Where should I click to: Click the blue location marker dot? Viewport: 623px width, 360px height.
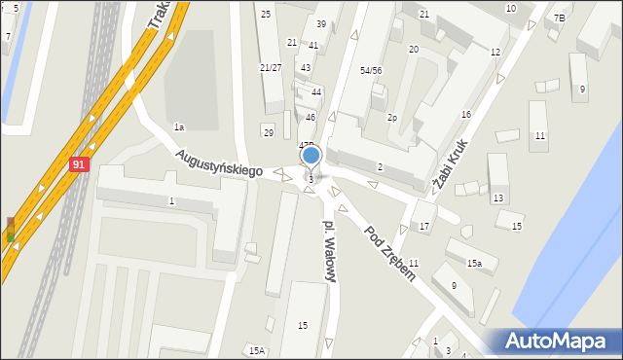(x=311, y=155)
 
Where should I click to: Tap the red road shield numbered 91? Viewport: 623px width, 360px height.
(x=80, y=165)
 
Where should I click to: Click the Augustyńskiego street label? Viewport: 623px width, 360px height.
(x=220, y=162)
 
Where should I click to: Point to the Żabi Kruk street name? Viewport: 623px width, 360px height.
(x=453, y=164)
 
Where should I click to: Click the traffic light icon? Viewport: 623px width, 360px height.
(x=11, y=230)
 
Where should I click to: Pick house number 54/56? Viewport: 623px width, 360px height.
(x=371, y=71)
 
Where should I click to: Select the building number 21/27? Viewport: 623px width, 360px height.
(x=271, y=67)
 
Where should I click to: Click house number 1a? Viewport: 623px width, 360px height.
(x=179, y=127)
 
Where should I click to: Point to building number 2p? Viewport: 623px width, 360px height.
(x=392, y=118)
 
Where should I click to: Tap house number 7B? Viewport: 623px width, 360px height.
(x=559, y=18)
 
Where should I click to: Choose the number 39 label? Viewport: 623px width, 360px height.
(x=321, y=23)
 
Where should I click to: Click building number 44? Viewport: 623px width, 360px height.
(x=316, y=91)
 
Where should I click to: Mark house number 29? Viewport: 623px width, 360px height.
(x=268, y=132)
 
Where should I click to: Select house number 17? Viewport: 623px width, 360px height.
(x=424, y=227)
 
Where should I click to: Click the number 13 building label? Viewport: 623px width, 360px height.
(x=497, y=198)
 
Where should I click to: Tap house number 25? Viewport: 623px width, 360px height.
(x=266, y=15)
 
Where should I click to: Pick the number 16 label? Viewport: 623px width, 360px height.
(x=466, y=115)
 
